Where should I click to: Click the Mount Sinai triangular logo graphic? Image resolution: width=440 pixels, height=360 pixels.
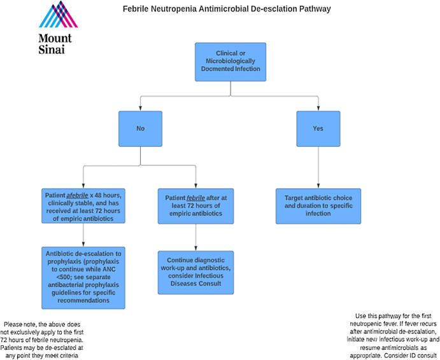tap(59, 15)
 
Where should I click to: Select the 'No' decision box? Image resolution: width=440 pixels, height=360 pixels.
tap(140, 128)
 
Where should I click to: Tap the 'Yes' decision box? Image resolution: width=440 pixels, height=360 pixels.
tap(318, 128)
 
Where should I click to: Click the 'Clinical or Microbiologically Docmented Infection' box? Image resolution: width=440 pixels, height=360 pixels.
tap(231, 62)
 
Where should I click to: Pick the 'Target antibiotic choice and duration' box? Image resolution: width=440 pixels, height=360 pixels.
tap(318, 206)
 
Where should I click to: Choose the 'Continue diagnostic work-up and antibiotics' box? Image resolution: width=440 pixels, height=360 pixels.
tap(195, 272)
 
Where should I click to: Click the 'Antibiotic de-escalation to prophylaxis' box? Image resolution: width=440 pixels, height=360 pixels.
tap(83, 278)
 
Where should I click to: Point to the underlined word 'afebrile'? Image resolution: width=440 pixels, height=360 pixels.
tap(77, 195)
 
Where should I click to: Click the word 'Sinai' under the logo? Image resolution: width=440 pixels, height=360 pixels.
tap(52, 50)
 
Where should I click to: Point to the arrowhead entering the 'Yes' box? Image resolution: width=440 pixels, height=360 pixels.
tap(318, 109)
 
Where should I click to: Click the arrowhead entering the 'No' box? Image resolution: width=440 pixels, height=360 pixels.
tap(140, 109)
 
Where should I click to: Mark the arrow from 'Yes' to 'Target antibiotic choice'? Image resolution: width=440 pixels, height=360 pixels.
tap(318, 167)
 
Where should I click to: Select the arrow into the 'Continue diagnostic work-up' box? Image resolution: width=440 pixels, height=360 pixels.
tap(195, 237)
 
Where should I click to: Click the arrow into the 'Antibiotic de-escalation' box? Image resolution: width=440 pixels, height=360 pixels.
tap(83, 235)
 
